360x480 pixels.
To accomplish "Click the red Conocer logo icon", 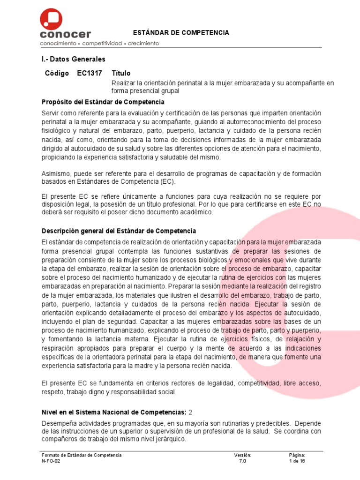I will (51, 19).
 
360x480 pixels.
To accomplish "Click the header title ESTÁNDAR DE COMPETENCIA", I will (181, 33).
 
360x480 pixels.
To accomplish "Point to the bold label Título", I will (121, 74).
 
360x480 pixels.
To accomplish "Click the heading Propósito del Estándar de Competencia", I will (103, 102).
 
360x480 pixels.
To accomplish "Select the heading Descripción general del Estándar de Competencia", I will (119, 231).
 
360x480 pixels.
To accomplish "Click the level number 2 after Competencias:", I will (190, 412).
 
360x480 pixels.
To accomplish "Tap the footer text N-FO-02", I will (51, 461).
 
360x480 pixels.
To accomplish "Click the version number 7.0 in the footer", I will (242, 461).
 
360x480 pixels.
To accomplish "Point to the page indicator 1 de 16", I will (297, 461).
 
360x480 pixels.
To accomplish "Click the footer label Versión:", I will (243, 455).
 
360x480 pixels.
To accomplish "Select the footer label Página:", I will (297, 455).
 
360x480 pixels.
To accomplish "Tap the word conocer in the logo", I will (66, 34).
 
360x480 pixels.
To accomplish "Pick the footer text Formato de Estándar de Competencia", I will (82, 455).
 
